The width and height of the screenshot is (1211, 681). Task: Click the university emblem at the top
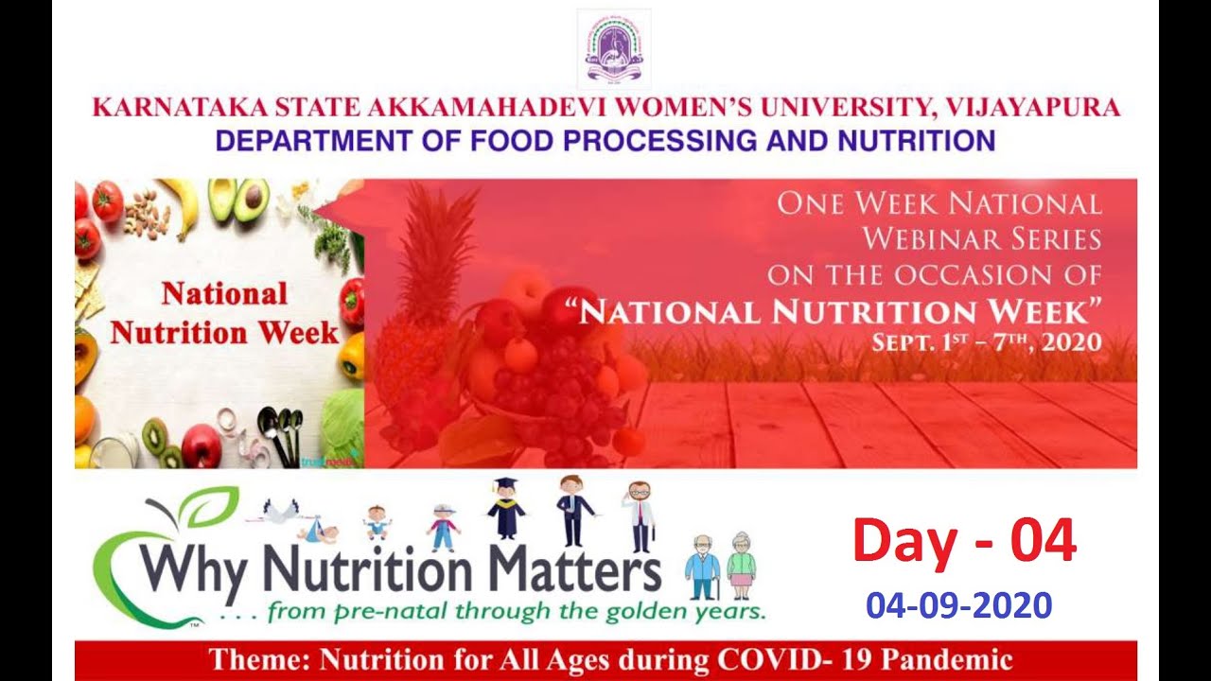[614, 48]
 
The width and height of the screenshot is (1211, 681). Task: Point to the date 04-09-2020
[959, 604]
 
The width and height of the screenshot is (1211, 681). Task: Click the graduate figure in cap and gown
[505, 508]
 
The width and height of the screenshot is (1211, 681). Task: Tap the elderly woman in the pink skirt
[741, 566]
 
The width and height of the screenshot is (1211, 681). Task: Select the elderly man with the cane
[703, 567]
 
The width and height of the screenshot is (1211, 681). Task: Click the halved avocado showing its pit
[251, 200]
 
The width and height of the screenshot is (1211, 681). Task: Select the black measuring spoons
[281, 437]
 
